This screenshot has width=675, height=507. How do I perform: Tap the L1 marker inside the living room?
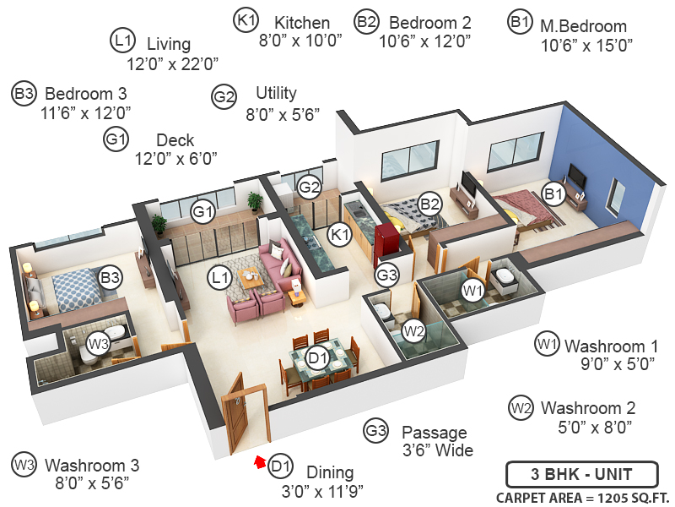coord(221,277)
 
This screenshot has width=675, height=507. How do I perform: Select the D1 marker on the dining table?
coord(317,359)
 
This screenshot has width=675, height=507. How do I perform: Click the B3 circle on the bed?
coord(110,277)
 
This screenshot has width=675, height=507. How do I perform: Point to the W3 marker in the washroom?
coord(99,344)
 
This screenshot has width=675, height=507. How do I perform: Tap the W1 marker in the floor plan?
coord(472,291)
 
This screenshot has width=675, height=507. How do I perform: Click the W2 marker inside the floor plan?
coord(413,330)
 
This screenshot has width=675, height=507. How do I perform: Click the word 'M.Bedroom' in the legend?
coord(583,26)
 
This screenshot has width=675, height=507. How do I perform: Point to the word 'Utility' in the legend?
coord(276,93)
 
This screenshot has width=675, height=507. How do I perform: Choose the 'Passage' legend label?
coord(430,431)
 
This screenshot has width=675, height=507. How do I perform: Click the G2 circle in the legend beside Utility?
coord(224,97)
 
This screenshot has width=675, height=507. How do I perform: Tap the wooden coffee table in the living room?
coord(251,276)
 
